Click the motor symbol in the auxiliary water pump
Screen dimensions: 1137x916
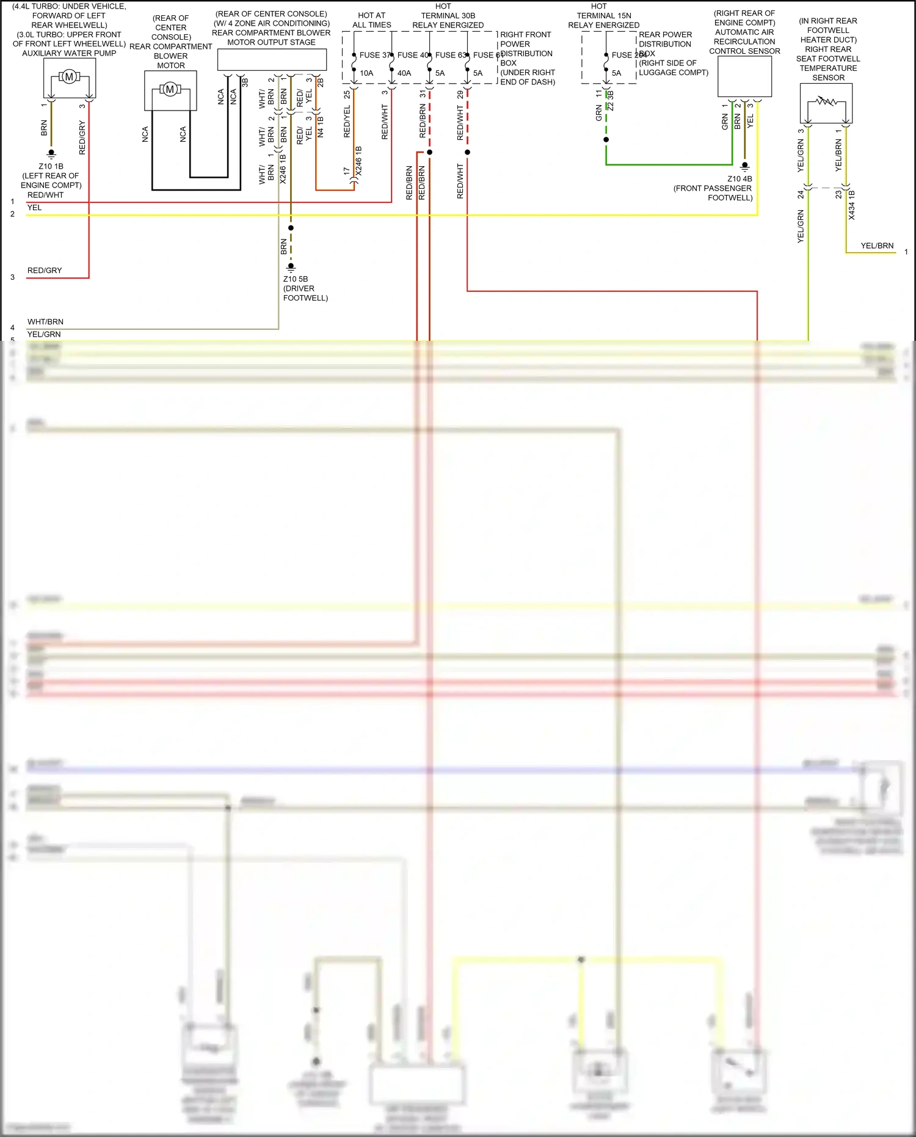click(x=69, y=76)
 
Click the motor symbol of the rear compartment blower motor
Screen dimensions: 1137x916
click(x=170, y=89)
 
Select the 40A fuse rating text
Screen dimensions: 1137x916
click(x=404, y=73)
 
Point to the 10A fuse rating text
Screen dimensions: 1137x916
click(x=366, y=73)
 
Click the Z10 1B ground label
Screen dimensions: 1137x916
click(x=51, y=166)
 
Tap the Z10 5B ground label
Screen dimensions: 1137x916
click(x=296, y=279)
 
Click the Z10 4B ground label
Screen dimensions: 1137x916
click(x=740, y=179)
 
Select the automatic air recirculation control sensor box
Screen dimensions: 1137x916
click(x=744, y=76)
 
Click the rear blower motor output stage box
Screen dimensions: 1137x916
click(x=272, y=60)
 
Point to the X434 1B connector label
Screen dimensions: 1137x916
click(x=852, y=205)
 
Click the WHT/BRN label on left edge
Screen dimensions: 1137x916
click(x=45, y=322)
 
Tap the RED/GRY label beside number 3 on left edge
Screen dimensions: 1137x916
click(x=45, y=270)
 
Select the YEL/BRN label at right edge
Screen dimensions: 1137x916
click(x=877, y=246)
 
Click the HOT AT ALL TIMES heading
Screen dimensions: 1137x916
click(x=371, y=20)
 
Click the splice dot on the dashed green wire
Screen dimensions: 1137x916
click(x=606, y=140)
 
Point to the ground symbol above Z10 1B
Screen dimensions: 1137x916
click(x=51, y=153)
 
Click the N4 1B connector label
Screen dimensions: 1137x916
click(x=321, y=126)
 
